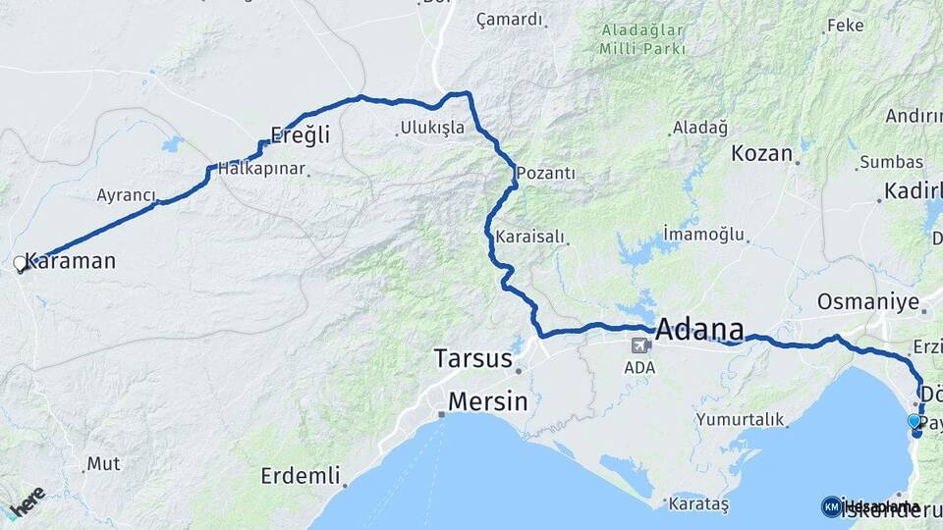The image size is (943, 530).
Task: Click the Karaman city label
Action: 71,262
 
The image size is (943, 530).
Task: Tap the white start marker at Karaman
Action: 20,263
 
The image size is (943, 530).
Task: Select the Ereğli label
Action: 300,135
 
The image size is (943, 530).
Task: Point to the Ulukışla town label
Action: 430,128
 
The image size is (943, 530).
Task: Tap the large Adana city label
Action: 699,328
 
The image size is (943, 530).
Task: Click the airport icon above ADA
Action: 640,345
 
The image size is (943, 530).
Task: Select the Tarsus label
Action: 473,358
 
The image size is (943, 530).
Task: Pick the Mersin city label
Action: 487,401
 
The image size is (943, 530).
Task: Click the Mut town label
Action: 103,463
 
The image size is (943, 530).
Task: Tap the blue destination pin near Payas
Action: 915,422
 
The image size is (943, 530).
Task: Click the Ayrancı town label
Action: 126,195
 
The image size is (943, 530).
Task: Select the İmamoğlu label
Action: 703,234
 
